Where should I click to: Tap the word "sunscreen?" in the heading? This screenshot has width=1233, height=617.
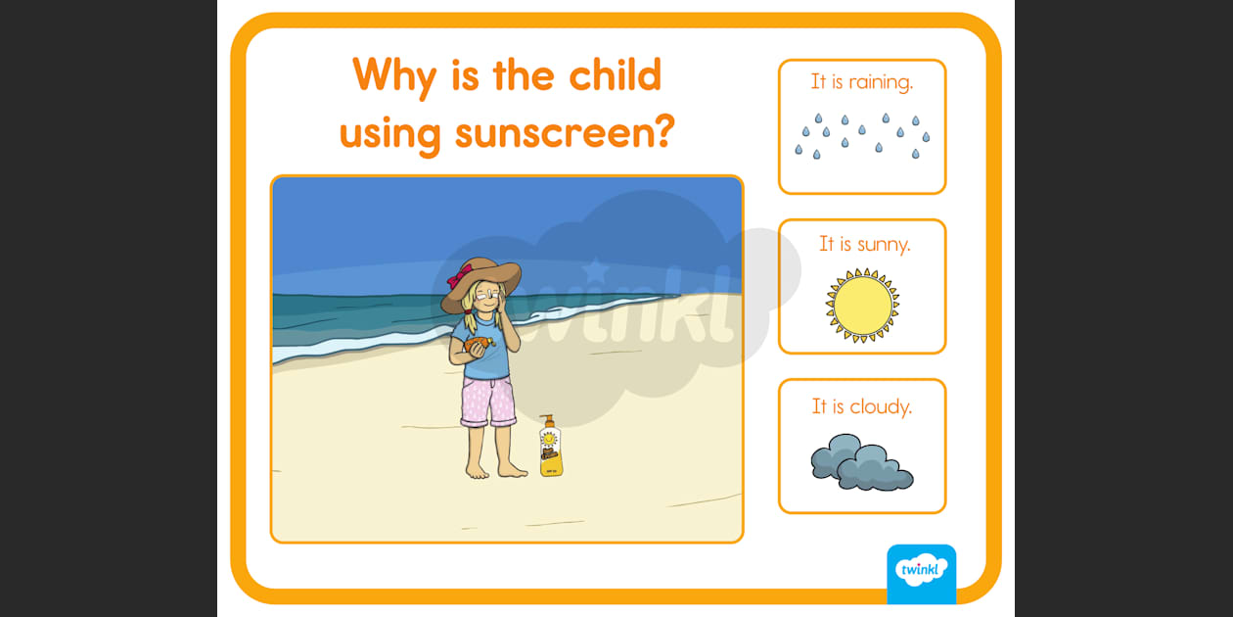pyautogui.click(x=565, y=132)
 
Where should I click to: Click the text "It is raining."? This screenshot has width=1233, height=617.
pyautogui.click(x=862, y=82)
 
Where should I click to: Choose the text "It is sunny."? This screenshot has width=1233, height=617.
pyautogui.click(x=864, y=244)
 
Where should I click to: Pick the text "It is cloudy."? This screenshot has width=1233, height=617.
pyautogui.click(x=862, y=406)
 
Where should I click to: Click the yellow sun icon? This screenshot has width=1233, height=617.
pyautogui.click(x=862, y=306)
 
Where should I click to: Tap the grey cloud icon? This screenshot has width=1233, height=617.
pyautogui.click(x=861, y=461)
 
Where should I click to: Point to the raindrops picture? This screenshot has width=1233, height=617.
pyautogui.click(x=862, y=136)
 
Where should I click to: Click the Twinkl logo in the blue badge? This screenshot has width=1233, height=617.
pyautogui.click(x=922, y=570)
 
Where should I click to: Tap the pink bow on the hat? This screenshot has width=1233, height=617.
pyautogui.click(x=460, y=275)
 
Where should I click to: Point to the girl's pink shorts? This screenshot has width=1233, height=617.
pyautogui.click(x=488, y=402)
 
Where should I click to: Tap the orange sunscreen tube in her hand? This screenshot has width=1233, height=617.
pyautogui.click(x=478, y=345)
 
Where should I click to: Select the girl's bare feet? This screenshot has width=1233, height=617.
pyautogui.click(x=496, y=469)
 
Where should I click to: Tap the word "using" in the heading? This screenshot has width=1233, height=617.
pyautogui.click(x=390, y=134)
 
